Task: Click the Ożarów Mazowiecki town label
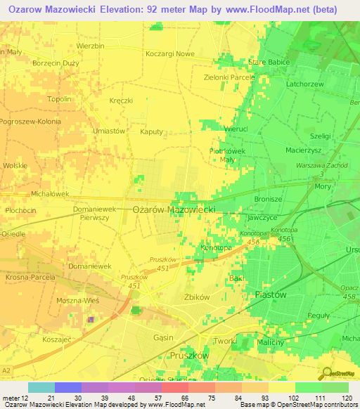click(174, 209)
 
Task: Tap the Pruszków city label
click(189, 356)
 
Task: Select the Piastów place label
click(271, 295)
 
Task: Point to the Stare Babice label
click(269, 63)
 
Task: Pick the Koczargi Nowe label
click(169, 53)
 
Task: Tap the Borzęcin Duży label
click(56, 63)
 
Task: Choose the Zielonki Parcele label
click(229, 77)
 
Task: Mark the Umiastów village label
click(108, 131)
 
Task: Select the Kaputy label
click(151, 131)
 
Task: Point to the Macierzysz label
click(304, 150)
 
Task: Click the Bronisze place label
click(268, 200)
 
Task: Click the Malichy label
click(270, 342)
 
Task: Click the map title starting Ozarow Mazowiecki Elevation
click(172, 9)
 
